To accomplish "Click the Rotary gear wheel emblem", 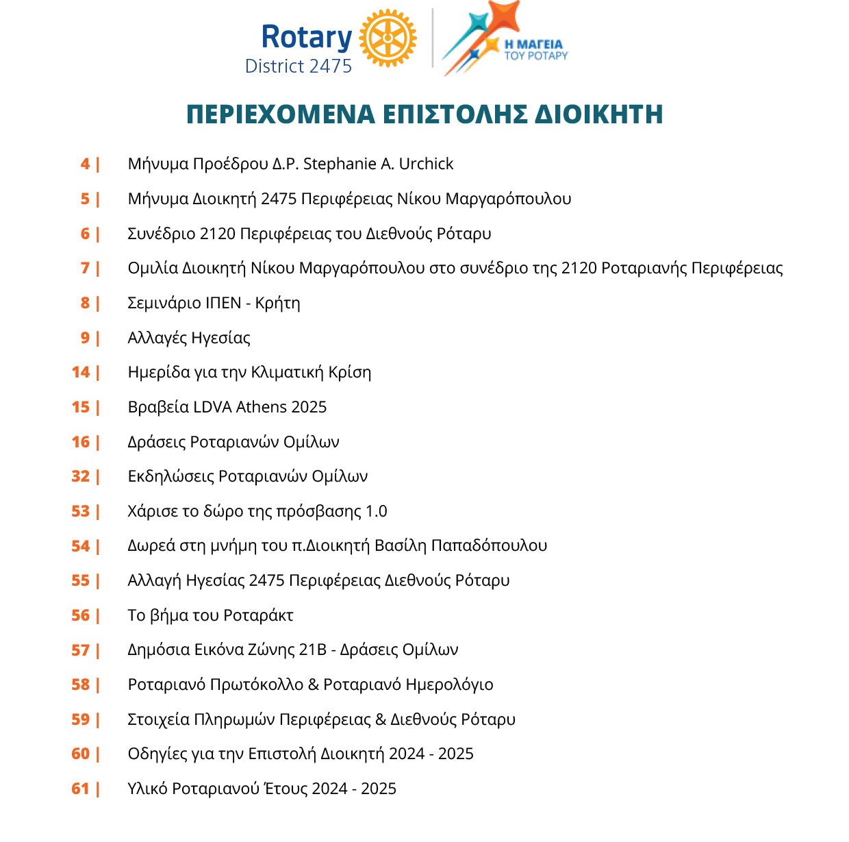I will coord(388,38).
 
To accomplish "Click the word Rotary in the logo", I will coord(306,37).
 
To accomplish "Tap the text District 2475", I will coord(299,66).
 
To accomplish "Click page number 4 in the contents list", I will coord(85,164).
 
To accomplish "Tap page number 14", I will coord(81,372).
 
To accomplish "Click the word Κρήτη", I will coord(277,303).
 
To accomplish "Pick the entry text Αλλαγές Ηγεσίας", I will coord(189,338).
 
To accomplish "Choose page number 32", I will coord(81,476).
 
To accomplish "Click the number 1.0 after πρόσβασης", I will coord(376,511).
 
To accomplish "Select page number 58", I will coord(81,684).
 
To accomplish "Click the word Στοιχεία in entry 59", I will coord(158,719).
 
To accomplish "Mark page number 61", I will coord(81,789).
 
